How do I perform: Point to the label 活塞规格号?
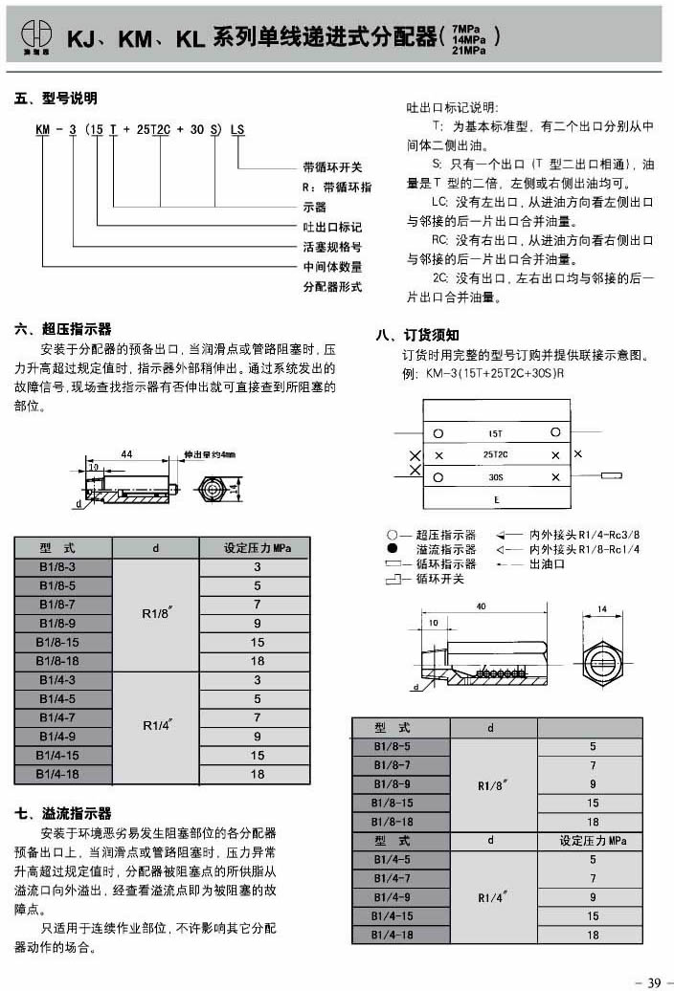pos(332,247)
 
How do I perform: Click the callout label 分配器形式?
pos(332,286)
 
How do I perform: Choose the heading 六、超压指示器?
pos(63,328)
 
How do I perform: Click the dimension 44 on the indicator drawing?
pos(125,454)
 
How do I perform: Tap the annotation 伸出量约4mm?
pos(209,455)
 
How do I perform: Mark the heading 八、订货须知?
pos(417,335)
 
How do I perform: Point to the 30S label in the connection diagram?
pos(496,476)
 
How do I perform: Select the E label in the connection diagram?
pos(496,499)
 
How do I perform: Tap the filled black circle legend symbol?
pos(393,549)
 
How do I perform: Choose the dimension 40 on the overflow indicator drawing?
pos(480,606)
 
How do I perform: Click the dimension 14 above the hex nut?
pos(602,608)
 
